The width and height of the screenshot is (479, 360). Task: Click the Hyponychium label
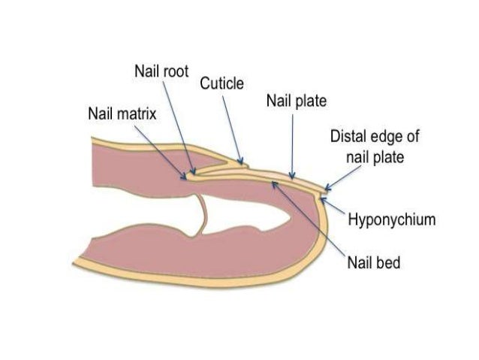pos(394,220)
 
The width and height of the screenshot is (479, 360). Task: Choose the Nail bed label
pos(373,263)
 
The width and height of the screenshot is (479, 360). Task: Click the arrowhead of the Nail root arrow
pos(194,174)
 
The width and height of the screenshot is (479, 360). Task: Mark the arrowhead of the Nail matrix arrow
pos(186,178)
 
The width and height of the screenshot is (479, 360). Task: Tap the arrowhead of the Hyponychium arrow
pos(325,197)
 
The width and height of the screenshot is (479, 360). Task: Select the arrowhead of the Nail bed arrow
pos(276,183)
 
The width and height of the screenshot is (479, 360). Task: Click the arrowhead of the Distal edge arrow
pos(324,188)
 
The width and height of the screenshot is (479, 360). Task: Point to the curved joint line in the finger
pos(201,213)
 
